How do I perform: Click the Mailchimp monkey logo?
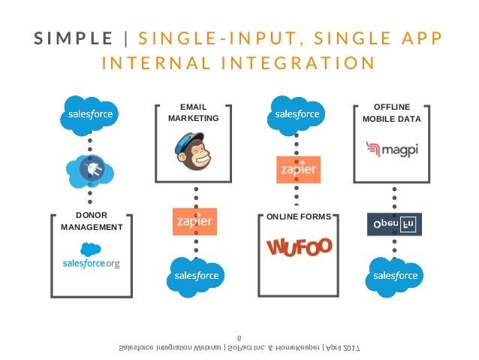tap(194, 152)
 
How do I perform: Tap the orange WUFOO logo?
tap(299, 248)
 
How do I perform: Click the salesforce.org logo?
tap(91, 257)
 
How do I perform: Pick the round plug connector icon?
tap(90, 171)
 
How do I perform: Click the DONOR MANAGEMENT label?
tap(91, 222)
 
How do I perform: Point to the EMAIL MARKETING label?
tap(194, 113)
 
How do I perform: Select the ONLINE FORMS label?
tap(298, 217)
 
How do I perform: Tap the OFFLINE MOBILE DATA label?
tap(391, 113)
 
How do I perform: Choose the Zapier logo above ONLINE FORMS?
tap(299, 169)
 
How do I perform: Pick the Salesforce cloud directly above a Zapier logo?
tap(298, 114)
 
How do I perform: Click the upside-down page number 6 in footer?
tap(239, 337)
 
